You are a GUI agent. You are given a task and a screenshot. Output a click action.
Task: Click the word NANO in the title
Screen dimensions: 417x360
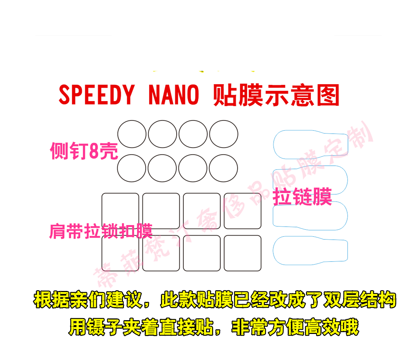pos(174,95)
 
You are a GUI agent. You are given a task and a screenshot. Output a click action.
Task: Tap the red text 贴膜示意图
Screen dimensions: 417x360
pos(276,95)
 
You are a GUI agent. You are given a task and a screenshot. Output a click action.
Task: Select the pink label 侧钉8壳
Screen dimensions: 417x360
pos(84,151)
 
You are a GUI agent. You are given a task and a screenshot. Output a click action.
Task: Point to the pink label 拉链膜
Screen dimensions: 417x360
pos(302,197)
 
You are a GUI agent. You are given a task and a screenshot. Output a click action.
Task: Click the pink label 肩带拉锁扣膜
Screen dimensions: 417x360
pos(101,231)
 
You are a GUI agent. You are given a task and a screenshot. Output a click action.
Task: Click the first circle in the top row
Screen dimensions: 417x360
pos(132,134)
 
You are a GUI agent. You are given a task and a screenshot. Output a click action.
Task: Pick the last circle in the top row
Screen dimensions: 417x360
pos(224,134)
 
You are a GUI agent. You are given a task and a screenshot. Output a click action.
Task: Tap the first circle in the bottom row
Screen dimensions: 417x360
pos(131,168)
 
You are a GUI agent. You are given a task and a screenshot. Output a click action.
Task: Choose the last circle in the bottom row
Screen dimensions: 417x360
pos(223,168)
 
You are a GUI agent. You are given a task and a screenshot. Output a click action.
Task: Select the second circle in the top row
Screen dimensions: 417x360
pos(162,134)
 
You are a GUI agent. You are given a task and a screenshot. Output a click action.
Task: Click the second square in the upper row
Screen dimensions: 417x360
pos(161,211)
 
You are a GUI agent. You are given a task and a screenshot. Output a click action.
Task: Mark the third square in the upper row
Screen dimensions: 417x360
pos(202,211)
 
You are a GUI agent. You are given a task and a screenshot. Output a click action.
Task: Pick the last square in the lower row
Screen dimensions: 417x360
pos(243,253)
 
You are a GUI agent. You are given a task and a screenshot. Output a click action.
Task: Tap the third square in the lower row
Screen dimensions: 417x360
pos(202,253)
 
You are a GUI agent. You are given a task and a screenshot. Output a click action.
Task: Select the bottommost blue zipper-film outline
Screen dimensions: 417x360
pos(310,250)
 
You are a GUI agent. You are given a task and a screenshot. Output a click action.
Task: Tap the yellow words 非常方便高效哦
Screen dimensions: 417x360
pos(295,328)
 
